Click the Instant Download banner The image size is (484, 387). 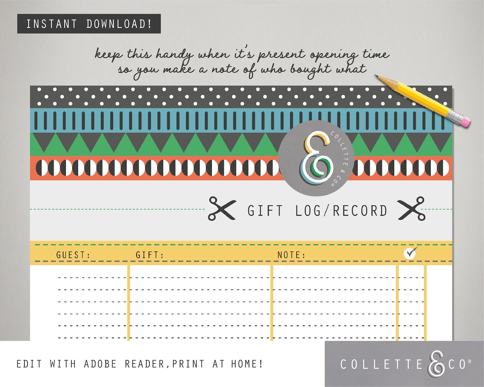pyautogui.click(x=89, y=24)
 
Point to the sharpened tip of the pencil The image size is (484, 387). pyautogui.click(x=377, y=76)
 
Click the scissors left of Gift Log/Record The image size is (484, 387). pyautogui.click(x=222, y=208)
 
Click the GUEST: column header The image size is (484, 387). pyautogui.click(x=73, y=255)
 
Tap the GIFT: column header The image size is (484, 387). pyautogui.click(x=150, y=255)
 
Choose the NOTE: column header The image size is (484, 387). pyautogui.click(x=291, y=255)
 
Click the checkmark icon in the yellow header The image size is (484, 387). pyautogui.click(x=410, y=253)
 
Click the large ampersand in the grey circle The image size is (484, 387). pyautogui.click(x=316, y=158)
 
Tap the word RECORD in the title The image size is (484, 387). pyautogui.click(x=360, y=211)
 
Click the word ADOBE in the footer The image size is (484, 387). pyautogui.click(x=100, y=364)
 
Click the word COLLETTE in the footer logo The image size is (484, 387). pyautogui.click(x=381, y=364)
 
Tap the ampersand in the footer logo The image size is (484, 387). pyautogui.click(x=436, y=363)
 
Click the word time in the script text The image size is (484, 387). pyautogui.click(x=376, y=54)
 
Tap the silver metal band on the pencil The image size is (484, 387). pyautogui.click(x=454, y=116)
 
